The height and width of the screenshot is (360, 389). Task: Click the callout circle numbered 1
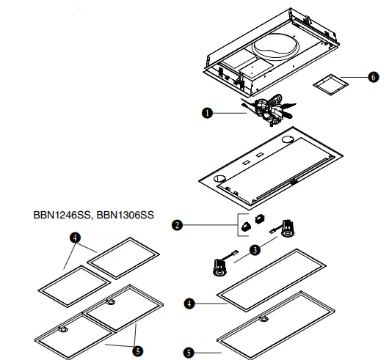tap(208, 112)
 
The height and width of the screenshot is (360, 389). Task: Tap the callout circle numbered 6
tap(372, 76)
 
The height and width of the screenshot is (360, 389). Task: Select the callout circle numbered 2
tap(177, 226)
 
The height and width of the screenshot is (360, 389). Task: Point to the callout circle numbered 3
tap(255, 250)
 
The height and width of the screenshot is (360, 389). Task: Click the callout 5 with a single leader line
tap(189, 352)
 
